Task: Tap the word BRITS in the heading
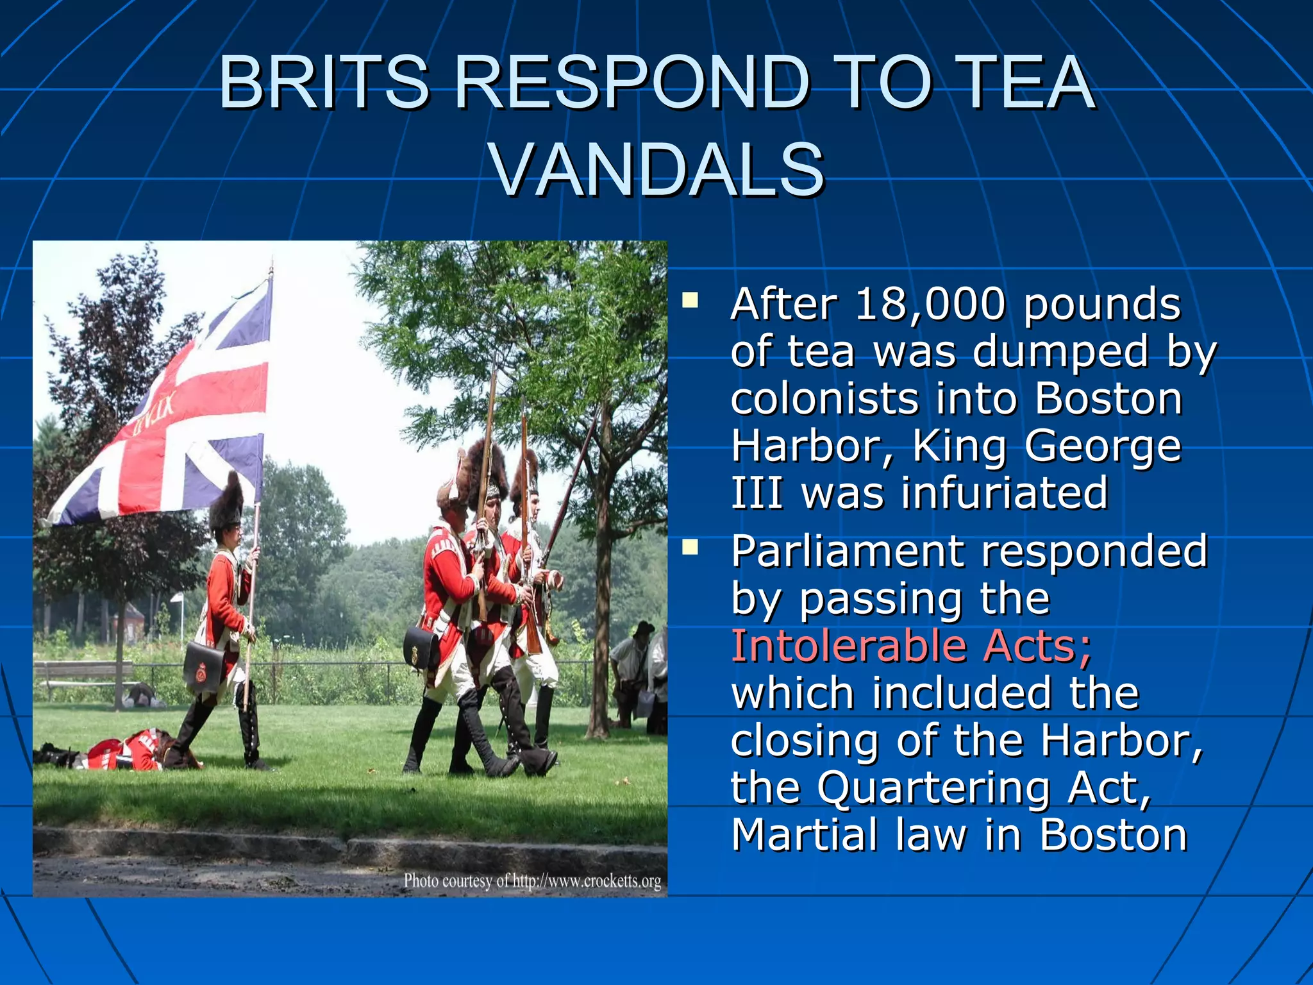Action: [324, 83]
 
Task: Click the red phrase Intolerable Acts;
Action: [911, 646]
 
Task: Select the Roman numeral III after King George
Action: [757, 492]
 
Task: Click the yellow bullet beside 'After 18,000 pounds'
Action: [690, 299]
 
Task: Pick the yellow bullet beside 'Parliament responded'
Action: [690, 547]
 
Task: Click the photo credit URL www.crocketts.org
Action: [587, 881]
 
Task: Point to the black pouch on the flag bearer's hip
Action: [204, 667]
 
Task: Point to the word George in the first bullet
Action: [1103, 446]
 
